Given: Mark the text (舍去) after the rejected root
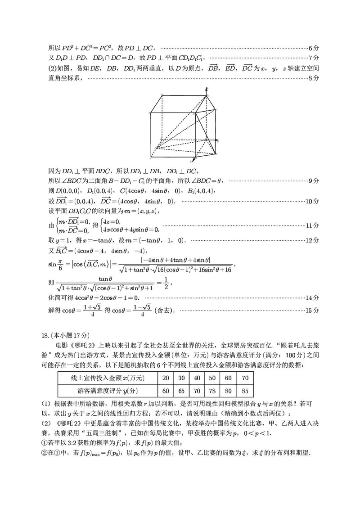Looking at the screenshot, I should (x=165, y=311).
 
